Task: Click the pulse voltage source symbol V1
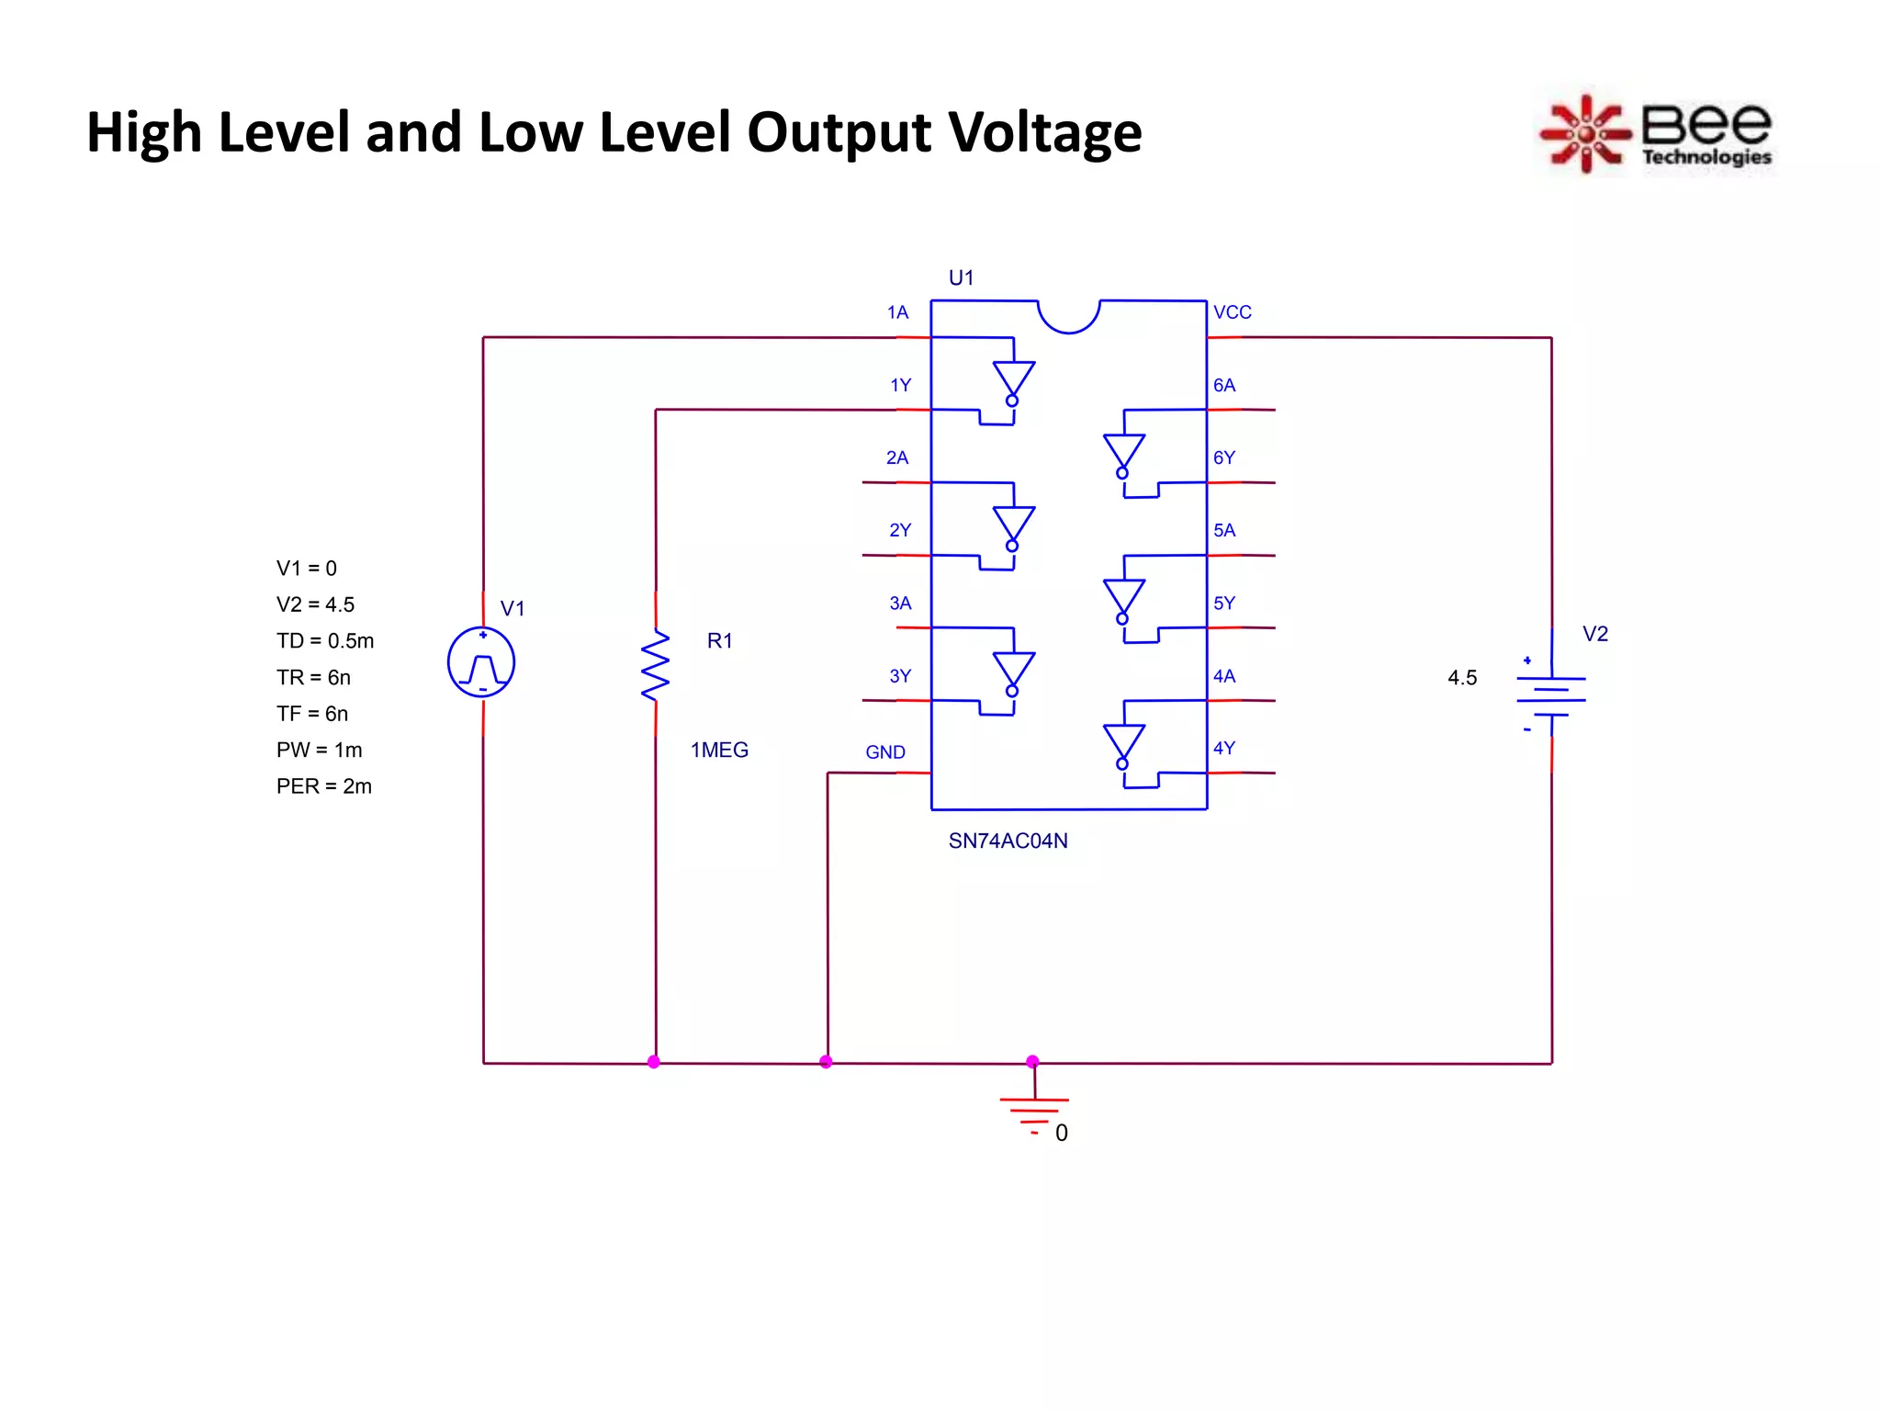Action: point(481,662)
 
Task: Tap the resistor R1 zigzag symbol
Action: point(656,665)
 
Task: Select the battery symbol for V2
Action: point(1551,695)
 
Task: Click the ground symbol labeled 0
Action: point(1034,1112)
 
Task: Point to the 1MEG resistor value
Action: point(719,751)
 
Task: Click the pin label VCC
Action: point(1232,312)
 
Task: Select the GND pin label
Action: point(885,752)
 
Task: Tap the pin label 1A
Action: point(897,312)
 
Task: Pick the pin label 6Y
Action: point(1224,457)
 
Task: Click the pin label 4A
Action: point(1224,676)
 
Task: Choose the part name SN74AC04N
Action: point(1008,841)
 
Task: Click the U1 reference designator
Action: point(961,277)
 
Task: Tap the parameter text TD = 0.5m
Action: point(325,640)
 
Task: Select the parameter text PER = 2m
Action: point(324,786)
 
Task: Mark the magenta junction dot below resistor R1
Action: point(654,1062)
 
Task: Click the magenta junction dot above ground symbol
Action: point(1032,1062)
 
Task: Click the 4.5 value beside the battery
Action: point(1462,678)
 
